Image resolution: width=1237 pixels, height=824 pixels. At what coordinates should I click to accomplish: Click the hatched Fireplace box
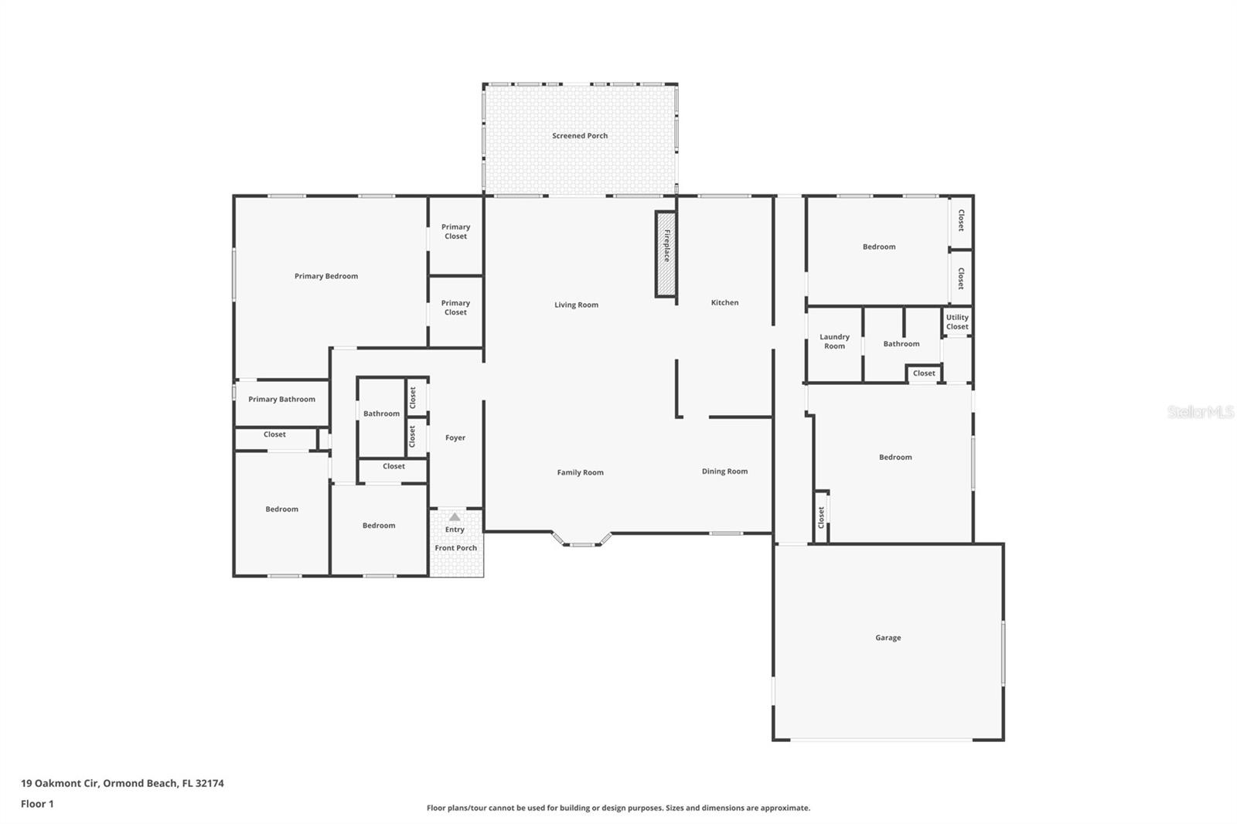tap(666, 254)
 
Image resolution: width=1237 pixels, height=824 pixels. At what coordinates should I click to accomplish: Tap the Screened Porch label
tap(580, 136)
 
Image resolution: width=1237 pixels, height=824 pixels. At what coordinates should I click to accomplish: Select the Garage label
tap(888, 638)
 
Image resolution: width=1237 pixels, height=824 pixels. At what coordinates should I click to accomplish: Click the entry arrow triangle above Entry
tap(455, 517)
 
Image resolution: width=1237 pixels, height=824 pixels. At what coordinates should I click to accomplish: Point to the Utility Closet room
tap(957, 322)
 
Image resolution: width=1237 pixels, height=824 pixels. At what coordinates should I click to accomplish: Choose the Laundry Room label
tap(834, 342)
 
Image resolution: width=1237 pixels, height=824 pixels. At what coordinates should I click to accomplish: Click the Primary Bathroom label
tap(281, 400)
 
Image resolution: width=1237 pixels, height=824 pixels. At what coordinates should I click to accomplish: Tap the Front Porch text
tap(455, 548)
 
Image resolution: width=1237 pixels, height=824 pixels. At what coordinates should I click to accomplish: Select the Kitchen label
tap(724, 303)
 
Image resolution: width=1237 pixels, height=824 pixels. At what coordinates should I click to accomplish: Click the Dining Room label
tap(724, 472)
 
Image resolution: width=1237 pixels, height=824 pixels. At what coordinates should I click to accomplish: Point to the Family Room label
tap(580, 472)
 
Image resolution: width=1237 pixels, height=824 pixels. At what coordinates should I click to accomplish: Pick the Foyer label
tap(455, 438)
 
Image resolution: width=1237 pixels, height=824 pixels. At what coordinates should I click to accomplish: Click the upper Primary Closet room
tap(455, 232)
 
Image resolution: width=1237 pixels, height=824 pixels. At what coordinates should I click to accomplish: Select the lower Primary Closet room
tap(455, 308)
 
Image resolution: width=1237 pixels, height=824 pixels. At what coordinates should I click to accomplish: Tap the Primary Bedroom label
tap(325, 277)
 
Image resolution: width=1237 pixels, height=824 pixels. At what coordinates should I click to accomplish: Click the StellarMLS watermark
tap(1200, 413)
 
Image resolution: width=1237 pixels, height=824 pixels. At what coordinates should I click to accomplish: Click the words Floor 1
tap(37, 804)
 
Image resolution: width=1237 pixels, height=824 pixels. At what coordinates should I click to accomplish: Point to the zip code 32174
tap(210, 783)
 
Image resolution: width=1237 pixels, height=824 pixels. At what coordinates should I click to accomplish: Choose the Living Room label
tap(576, 305)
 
